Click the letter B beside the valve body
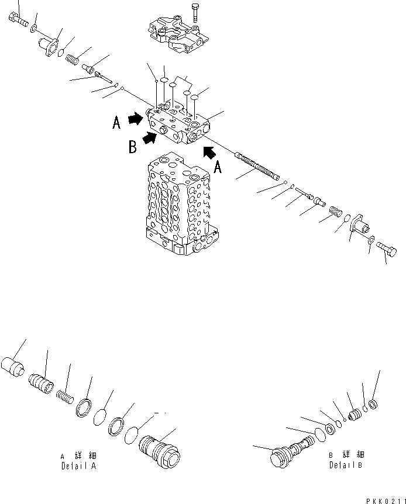pyautogui.click(x=132, y=146)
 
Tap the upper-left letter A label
pyautogui.click(x=116, y=122)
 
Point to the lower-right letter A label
pyautogui.click(x=218, y=168)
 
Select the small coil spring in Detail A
pyautogui.click(x=65, y=397)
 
